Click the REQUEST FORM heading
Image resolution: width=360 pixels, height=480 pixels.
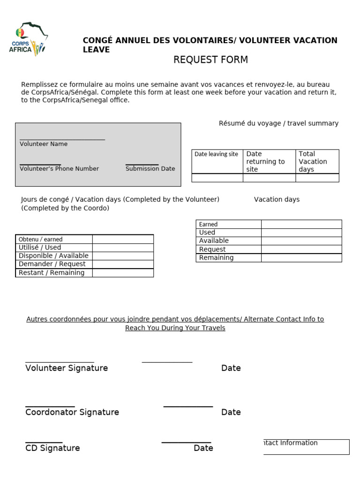coord(210,60)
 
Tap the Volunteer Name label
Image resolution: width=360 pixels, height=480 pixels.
coord(44,144)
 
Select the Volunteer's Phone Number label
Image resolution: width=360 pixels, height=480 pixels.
coord(59,169)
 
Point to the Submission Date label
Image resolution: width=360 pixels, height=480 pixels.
coord(150,169)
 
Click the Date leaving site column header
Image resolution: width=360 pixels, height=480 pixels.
coord(217,154)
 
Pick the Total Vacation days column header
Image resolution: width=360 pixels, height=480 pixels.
coord(317,161)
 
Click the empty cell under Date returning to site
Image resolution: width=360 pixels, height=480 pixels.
coord(269,178)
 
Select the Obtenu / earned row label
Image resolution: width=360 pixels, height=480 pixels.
coord(40,240)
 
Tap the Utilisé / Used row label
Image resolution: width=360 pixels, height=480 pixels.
coord(40,247)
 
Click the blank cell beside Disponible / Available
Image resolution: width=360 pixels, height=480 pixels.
coord(123,256)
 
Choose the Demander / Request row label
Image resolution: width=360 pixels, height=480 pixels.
coord(52,264)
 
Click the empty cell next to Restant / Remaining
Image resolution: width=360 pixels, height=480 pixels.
coord(123,273)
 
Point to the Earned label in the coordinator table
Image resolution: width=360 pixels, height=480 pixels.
coord(209,225)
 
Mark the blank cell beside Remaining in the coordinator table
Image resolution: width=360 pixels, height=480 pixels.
coord(301,258)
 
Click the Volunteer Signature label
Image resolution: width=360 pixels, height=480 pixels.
coord(67,368)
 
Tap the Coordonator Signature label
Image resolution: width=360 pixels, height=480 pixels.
coord(72,412)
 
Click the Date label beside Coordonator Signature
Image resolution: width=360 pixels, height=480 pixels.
coord(231,412)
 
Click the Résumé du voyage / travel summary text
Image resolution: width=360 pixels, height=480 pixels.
coord(278,123)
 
